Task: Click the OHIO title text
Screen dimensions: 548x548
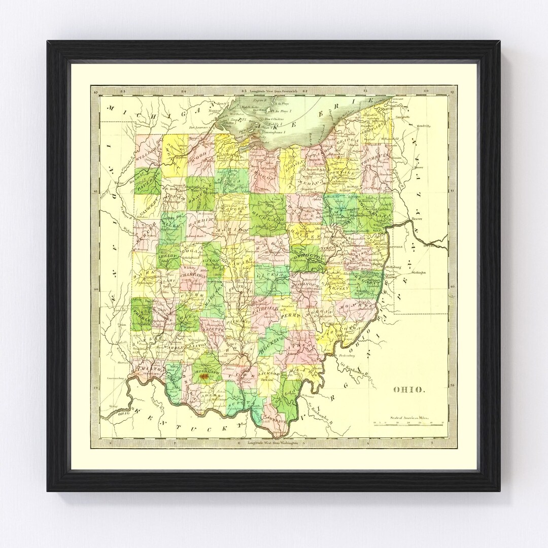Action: point(409,390)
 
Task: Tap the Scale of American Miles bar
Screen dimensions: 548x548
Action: point(409,422)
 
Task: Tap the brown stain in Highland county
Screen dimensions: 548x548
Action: point(204,376)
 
